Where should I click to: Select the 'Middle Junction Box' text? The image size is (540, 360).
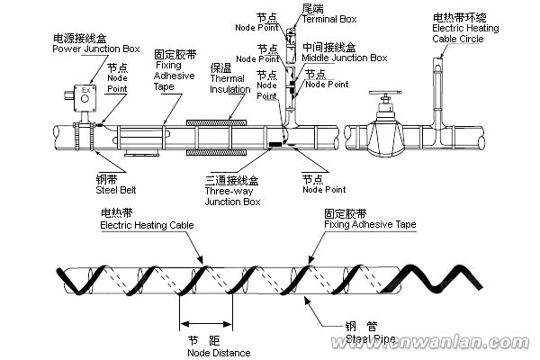point(344,58)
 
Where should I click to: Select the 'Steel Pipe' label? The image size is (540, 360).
point(369,339)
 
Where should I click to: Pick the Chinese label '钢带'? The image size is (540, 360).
point(107,179)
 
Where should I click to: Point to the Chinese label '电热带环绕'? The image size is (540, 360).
point(458,17)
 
